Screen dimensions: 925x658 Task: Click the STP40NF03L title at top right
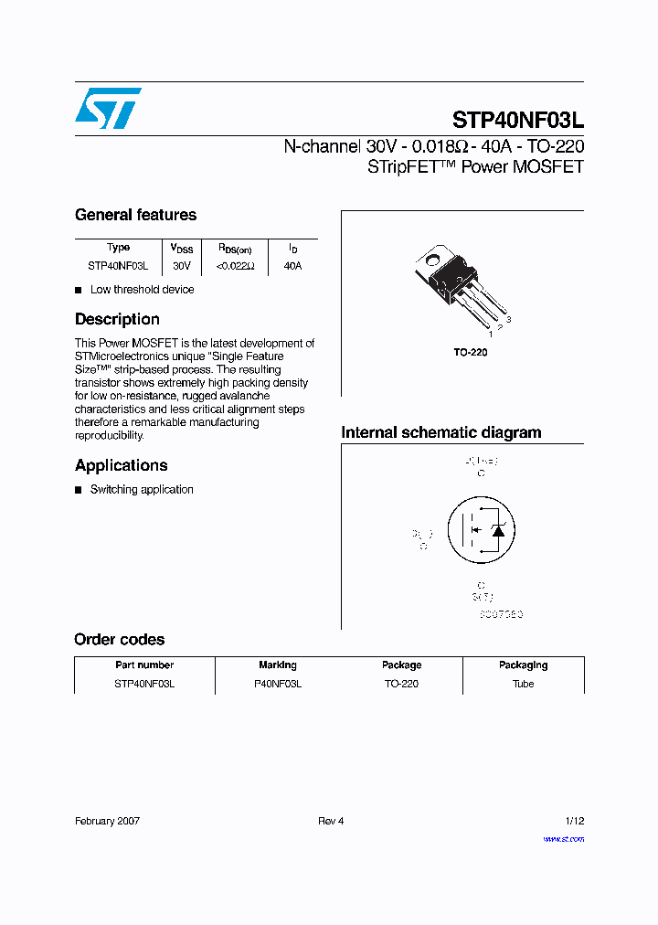click(517, 121)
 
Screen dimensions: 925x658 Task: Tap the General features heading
click(135, 215)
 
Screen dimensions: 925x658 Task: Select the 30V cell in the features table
click(181, 266)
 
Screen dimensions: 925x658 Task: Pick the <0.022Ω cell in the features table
click(235, 266)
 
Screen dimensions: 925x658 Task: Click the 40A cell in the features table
click(292, 266)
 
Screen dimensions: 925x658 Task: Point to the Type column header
click(118, 248)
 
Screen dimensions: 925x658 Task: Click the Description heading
click(117, 319)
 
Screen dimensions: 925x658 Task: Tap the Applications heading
click(122, 465)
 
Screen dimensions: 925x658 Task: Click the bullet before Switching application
click(79, 490)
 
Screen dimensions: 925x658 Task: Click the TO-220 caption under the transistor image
click(471, 352)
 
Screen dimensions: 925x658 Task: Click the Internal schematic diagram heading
click(440, 432)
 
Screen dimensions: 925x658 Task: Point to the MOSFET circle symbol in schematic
click(476, 531)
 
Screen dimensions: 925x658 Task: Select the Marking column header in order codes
click(278, 665)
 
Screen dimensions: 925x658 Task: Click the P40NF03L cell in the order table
click(278, 684)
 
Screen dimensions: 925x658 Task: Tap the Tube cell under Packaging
click(523, 684)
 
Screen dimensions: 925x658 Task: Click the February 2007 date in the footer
click(107, 821)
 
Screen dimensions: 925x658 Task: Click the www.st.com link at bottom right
click(563, 839)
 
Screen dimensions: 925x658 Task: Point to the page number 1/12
click(574, 821)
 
